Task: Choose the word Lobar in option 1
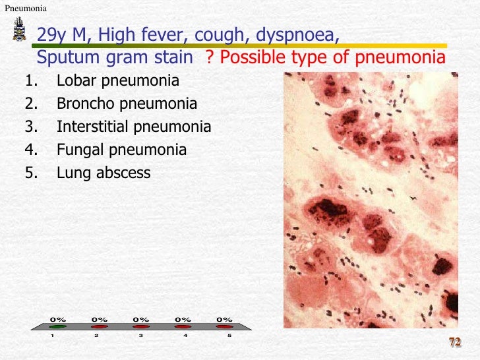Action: (75, 81)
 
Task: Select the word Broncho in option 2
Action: (82, 104)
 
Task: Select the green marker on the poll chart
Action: (58, 326)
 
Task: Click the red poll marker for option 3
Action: (140, 326)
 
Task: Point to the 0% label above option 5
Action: (225, 320)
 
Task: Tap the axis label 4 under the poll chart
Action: (185, 336)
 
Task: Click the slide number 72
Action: (454, 342)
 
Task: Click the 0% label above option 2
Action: (99, 320)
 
